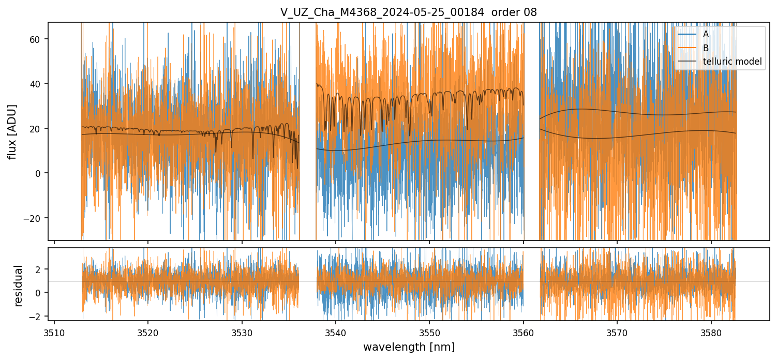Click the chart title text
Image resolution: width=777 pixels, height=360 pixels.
pos(409,12)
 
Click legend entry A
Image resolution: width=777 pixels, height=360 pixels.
pos(706,34)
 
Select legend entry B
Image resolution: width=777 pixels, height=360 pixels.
pos(706,48)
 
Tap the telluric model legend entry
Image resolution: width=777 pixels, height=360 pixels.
pos(732,61)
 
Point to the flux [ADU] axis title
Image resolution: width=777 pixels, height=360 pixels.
pos(12,131)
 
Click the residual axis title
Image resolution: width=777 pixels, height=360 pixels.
pos(19,286)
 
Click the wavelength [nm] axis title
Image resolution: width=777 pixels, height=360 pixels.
pos(409,347)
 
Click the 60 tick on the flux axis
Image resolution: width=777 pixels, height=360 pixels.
pos(37,39)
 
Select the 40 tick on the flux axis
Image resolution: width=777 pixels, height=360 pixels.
pos(37,84)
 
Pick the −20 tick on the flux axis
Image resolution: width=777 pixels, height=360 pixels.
pos(34,218)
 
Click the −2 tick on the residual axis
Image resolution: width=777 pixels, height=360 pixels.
pos(37,316)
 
